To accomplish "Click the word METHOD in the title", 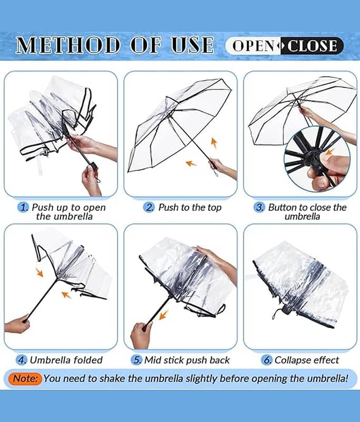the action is [x=68, y=45].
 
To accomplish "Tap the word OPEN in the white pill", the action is [x=253, y=45].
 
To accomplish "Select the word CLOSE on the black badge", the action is [x=312, y=45].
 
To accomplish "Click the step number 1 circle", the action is [x=23, y=207].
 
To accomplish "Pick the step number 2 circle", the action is [x=149, y=207].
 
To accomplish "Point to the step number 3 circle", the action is [x=259, y=207].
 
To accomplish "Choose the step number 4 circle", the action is [x=22, y=360].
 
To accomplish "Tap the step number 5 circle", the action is [x=137, y=360].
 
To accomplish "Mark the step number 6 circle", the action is [x=266, y=360].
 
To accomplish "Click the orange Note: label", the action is [x=25, y=379].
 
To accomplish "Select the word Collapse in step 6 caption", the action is [x=292, y=360].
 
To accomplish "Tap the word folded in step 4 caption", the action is [x=88, y=360].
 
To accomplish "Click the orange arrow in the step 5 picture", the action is [x=163, y=314].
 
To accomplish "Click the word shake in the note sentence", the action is [x=113, y=378].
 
